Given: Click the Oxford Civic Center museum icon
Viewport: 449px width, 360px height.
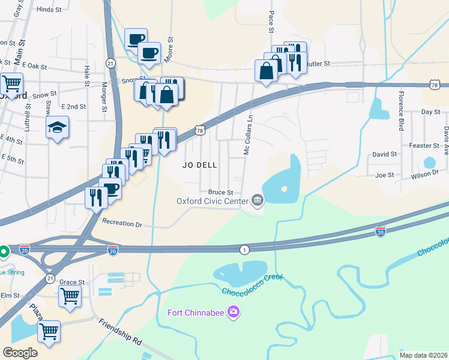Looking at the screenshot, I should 258,200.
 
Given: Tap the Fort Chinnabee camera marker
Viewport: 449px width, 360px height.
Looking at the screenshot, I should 234,312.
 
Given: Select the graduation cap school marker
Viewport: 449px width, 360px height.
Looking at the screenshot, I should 58,127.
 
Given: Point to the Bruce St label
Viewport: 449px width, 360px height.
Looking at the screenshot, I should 220,192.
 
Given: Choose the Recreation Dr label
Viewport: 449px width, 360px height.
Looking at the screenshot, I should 122,223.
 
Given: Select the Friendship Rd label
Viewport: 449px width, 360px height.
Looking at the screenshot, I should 121,332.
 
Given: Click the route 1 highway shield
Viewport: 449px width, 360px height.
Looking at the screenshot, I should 244,249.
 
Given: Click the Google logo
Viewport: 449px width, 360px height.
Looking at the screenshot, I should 20,352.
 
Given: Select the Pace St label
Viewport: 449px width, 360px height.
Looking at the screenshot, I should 271,22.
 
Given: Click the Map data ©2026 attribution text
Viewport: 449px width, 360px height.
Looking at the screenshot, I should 423,355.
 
